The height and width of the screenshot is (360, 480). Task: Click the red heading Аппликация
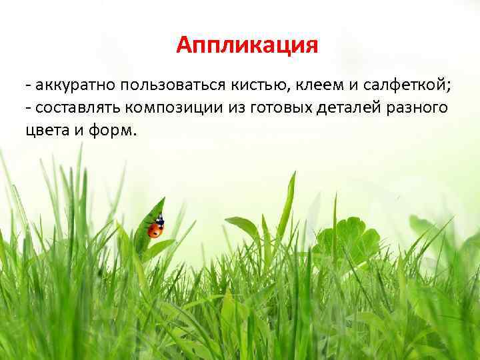click(248, 45)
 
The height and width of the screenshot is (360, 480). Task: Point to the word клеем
click(308, 85)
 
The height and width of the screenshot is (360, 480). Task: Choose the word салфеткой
click(402, 85)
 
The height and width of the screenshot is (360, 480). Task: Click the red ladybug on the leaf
click(155, 230)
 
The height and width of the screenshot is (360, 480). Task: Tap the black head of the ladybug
click(159, 220)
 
